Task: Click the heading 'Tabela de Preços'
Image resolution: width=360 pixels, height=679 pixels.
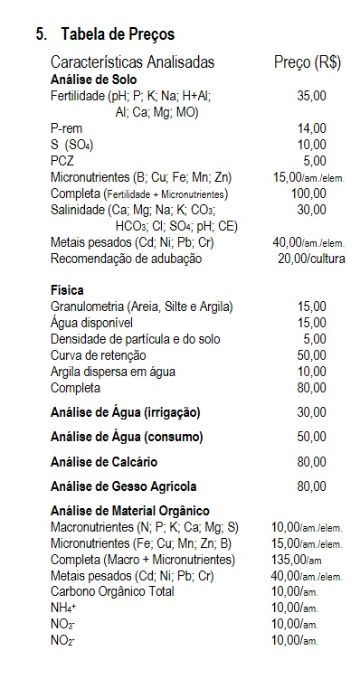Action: click(118, 34)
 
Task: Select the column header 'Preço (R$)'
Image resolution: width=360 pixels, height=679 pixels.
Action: click(307, 62)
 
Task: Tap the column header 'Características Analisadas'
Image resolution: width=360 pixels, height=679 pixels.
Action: click(133, 62)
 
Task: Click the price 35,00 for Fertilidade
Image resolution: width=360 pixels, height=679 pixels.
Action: click(311, 95)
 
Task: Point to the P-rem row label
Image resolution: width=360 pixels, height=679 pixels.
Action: click(67, 128)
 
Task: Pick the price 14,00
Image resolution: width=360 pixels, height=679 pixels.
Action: click(311, 128)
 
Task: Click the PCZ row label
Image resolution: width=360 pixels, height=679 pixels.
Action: click(62, 161)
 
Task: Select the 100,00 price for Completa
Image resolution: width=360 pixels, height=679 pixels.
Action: click(308, 193)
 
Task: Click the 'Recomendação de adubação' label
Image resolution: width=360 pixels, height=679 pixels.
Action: click(127, 259)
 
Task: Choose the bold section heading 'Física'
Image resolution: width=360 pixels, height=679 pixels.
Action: click(68, 291)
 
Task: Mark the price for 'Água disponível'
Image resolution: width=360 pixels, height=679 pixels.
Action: click(311, 323)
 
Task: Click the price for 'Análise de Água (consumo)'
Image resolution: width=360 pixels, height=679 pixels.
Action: click(311, 437)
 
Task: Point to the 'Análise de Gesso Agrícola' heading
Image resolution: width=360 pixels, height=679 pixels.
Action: click(124, 486)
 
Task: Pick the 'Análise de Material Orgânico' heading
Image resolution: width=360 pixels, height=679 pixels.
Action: click(130, 511)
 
